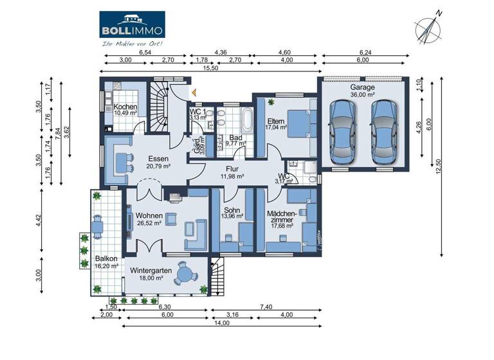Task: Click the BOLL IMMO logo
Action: (x=132, y=24)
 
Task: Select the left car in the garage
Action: (x=342, y=132)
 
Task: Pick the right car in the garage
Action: (x=383, y=132)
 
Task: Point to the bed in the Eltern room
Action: (x=298, y=122)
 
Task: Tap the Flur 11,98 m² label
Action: (x=232, y=172)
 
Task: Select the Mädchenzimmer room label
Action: (x=282, y=219)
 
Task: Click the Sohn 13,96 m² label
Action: (x=232, y=213)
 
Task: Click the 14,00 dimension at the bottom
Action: (x=223, y=323)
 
